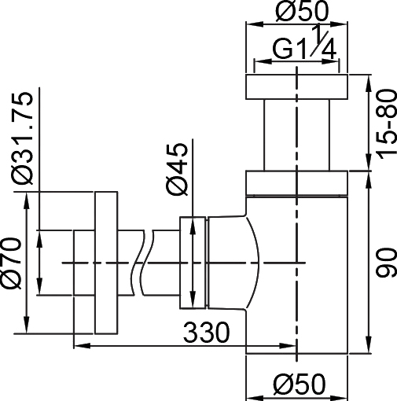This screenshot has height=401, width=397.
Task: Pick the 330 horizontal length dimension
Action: (205, 333)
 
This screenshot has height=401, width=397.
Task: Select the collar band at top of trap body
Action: (296, 182)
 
